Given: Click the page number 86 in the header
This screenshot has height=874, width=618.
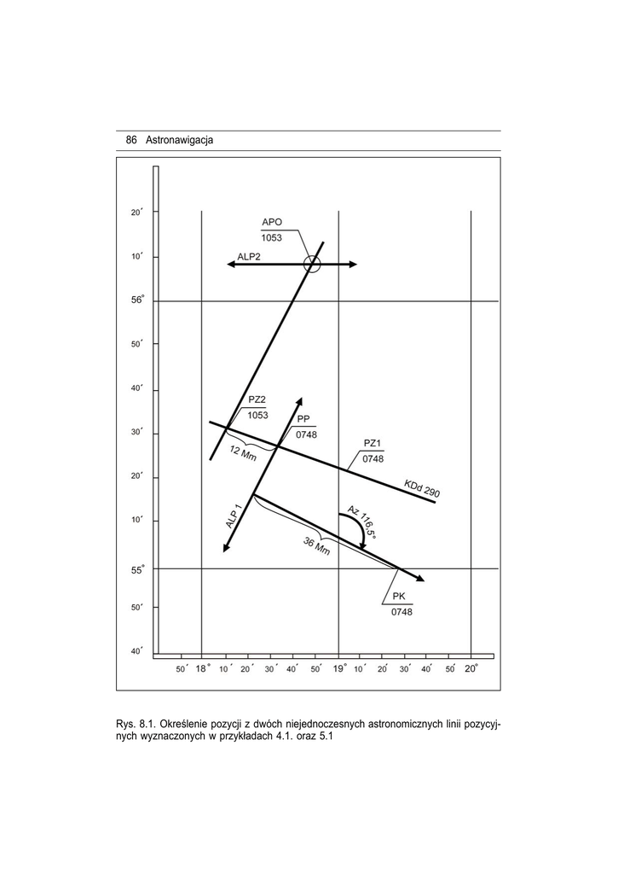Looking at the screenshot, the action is point(130,140).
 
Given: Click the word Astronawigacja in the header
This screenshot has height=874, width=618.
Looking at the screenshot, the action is point(179,141).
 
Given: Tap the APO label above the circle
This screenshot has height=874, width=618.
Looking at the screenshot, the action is point(272,222).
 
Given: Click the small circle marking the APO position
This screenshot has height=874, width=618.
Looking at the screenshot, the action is point(312,265).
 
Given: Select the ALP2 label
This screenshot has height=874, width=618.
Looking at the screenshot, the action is point(249,257).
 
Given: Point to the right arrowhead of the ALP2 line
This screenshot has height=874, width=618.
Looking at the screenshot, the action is point(352,265).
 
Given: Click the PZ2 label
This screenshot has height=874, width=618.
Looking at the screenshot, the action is point(257,399).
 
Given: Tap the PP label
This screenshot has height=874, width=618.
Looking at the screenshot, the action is point(303,418).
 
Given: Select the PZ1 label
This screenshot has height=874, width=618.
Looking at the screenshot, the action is point(372,443).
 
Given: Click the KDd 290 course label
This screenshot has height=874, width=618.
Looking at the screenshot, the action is point(422,488).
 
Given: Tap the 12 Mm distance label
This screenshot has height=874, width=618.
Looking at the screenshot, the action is point(243,453).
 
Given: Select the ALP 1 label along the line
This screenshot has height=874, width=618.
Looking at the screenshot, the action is point(234,516).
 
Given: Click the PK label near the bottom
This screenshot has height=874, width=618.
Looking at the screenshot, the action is point(399,596).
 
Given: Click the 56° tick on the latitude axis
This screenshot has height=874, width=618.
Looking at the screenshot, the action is point(137,300).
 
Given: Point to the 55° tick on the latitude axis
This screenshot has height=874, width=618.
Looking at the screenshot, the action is point(137,570).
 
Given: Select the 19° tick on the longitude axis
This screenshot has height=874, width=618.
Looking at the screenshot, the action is point(339,668).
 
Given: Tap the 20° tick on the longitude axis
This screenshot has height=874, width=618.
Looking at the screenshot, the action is point(471,668).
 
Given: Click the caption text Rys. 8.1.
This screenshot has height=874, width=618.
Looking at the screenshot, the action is point(136,725).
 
